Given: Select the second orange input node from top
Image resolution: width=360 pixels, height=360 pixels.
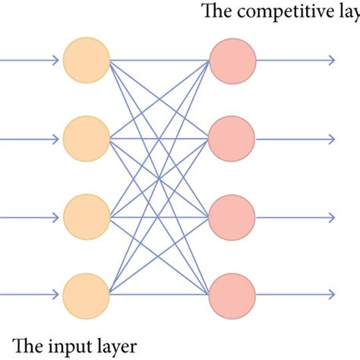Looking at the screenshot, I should pos(87,139).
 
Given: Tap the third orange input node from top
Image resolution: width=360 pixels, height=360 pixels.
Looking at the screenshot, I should pos(87,216).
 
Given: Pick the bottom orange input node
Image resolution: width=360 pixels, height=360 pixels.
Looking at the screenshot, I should pos(87,295).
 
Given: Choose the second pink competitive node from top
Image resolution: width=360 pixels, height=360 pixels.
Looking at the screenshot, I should pos(232,139).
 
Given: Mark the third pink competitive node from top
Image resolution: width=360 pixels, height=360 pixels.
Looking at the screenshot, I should pos(232,216).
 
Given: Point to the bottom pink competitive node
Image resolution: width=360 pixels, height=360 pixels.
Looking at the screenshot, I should pos(232,295).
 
